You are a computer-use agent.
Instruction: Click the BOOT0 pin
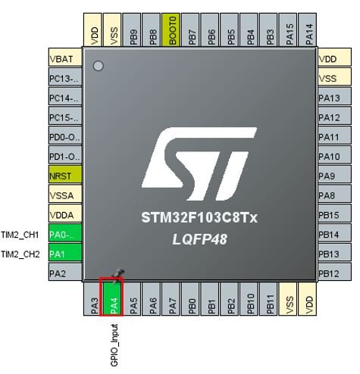171,30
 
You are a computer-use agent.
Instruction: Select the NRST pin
65,174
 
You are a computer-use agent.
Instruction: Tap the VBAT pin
65,57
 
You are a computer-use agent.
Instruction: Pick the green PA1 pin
65,252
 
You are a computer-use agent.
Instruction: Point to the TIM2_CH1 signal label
20,235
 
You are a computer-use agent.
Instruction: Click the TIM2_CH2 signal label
20,254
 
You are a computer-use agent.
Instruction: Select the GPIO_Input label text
114,345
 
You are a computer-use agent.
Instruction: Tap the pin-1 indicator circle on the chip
99,66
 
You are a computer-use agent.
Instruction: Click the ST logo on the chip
199,164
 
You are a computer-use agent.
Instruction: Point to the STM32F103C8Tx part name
199,217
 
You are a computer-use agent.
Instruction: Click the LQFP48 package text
200,239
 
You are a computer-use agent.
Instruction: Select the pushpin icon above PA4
118,276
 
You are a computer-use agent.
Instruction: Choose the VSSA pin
65,194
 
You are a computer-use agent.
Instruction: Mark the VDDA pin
65,213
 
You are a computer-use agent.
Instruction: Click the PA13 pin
334,96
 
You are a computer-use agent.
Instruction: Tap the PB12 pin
334,272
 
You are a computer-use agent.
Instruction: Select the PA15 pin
288,30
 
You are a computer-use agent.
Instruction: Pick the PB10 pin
249,298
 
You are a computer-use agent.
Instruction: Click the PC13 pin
65,76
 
